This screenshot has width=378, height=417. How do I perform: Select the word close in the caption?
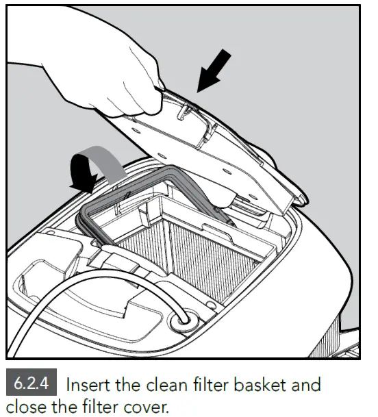click(x=24, y=407)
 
